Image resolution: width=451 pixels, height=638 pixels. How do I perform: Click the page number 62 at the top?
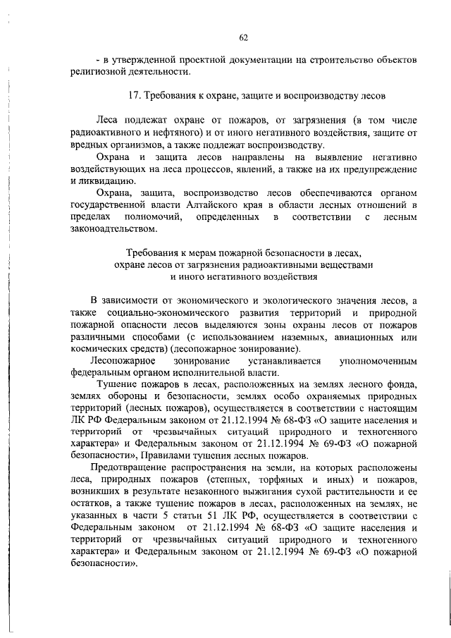pyautogui.click(x=243, y=37)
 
